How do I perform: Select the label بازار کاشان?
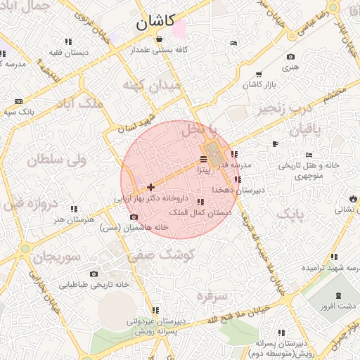(258, 84)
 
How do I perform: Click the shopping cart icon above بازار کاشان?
(259, 74)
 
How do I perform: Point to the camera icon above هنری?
(290, 57)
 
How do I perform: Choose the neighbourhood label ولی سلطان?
(56, 160)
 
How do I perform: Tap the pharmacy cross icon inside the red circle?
(150, 187)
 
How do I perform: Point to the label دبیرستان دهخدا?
(240, 190)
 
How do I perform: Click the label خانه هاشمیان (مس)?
(134, 228)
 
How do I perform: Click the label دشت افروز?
(337, 307)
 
